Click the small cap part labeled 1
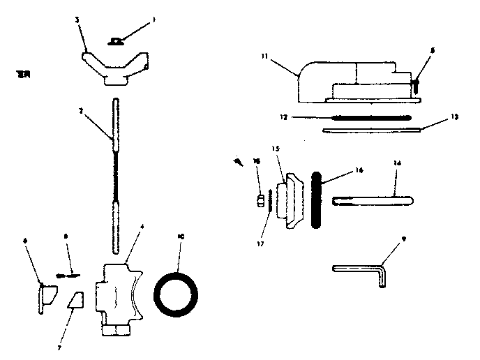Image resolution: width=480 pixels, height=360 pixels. [115, 41]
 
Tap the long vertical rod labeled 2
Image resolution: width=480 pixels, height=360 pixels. [114, 174]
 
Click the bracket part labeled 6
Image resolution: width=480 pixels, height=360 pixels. [46, 299]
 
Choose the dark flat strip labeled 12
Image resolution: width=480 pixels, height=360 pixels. [363, 117]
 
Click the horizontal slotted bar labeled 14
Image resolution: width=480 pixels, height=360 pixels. [373, 201]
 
